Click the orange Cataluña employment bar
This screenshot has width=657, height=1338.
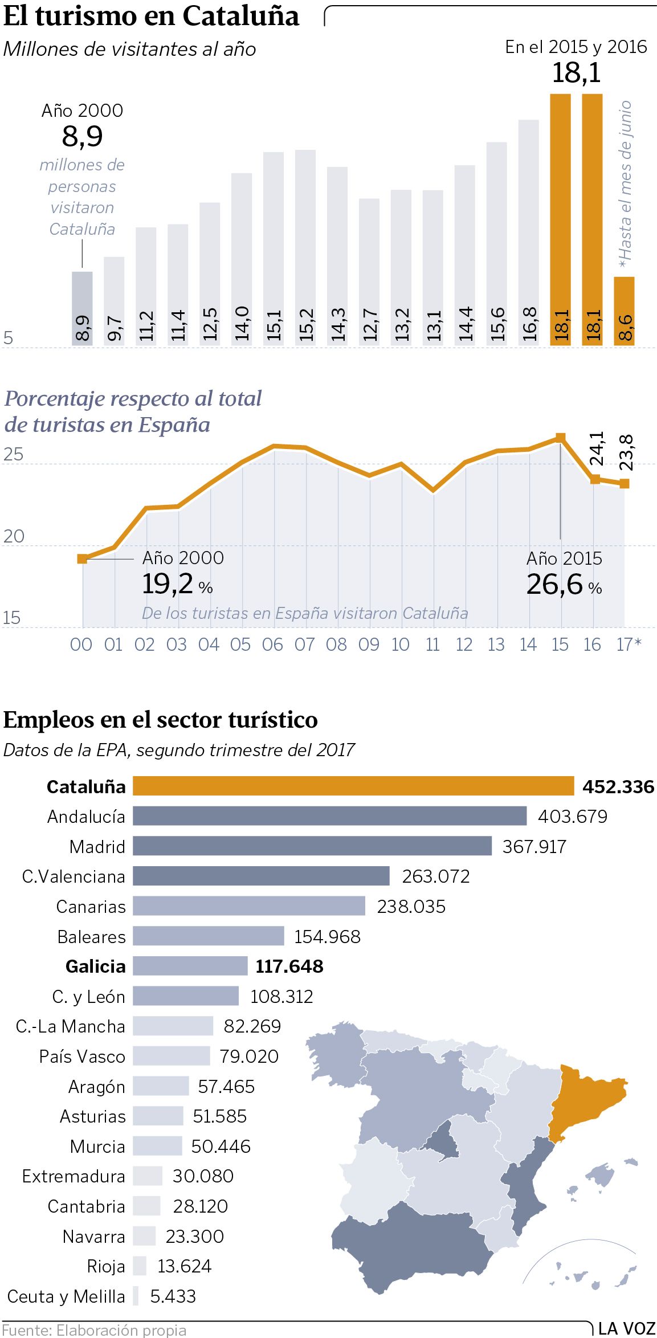tap(353, 786)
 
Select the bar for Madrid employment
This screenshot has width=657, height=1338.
tap(312, 846)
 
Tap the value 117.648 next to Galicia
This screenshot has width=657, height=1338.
tap(289, 966)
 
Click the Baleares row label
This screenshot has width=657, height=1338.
tap(91, 936)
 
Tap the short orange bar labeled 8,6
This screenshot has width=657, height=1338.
tap(624, 311)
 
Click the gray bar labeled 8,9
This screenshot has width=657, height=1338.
tap(82, 308)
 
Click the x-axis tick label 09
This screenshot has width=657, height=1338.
tap(369, 644)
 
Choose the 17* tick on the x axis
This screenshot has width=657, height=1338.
tap(629, 644)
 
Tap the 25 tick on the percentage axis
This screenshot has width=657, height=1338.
tap(13, 454)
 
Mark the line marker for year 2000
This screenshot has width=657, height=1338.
tap(83, 558)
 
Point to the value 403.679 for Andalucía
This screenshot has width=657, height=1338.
tap(573, 816)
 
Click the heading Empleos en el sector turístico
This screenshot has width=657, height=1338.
tap(161, 720)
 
